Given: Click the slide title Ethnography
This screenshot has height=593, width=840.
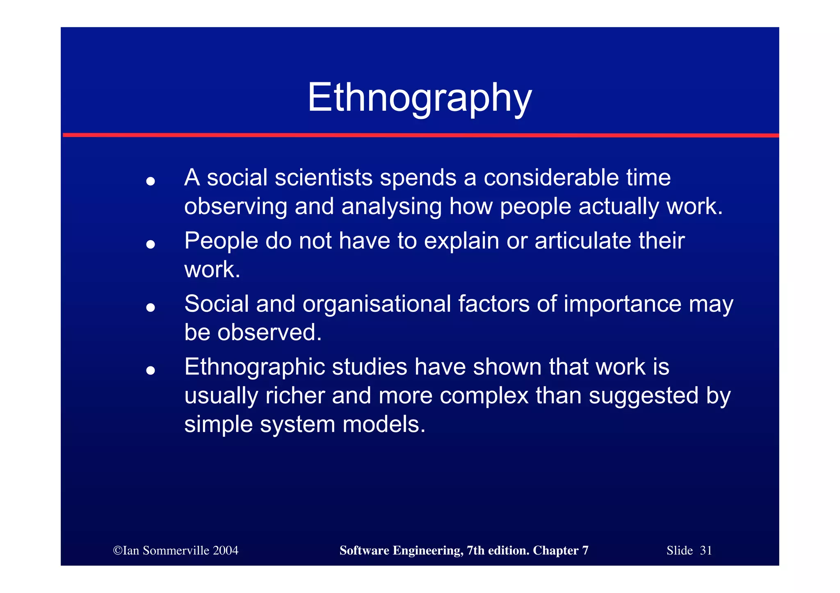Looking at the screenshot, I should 420,98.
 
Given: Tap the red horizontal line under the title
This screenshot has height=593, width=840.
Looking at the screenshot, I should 420,135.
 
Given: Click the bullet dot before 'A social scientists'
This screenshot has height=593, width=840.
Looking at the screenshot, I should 151,181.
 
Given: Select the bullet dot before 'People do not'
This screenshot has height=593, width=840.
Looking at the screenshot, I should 151,244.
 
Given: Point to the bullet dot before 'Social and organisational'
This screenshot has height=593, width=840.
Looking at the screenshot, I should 151,307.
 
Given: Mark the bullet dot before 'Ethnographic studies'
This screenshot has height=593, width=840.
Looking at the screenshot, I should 151,370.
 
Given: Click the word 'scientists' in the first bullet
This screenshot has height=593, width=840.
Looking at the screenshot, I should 324,178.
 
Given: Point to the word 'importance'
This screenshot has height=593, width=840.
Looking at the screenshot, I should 622,304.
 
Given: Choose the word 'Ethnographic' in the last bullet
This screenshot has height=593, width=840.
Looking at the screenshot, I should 254,367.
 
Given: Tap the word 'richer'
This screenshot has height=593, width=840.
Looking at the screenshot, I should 295,396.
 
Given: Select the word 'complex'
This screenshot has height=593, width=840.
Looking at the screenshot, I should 484,396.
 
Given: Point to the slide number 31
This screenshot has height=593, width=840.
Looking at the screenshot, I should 705,550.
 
